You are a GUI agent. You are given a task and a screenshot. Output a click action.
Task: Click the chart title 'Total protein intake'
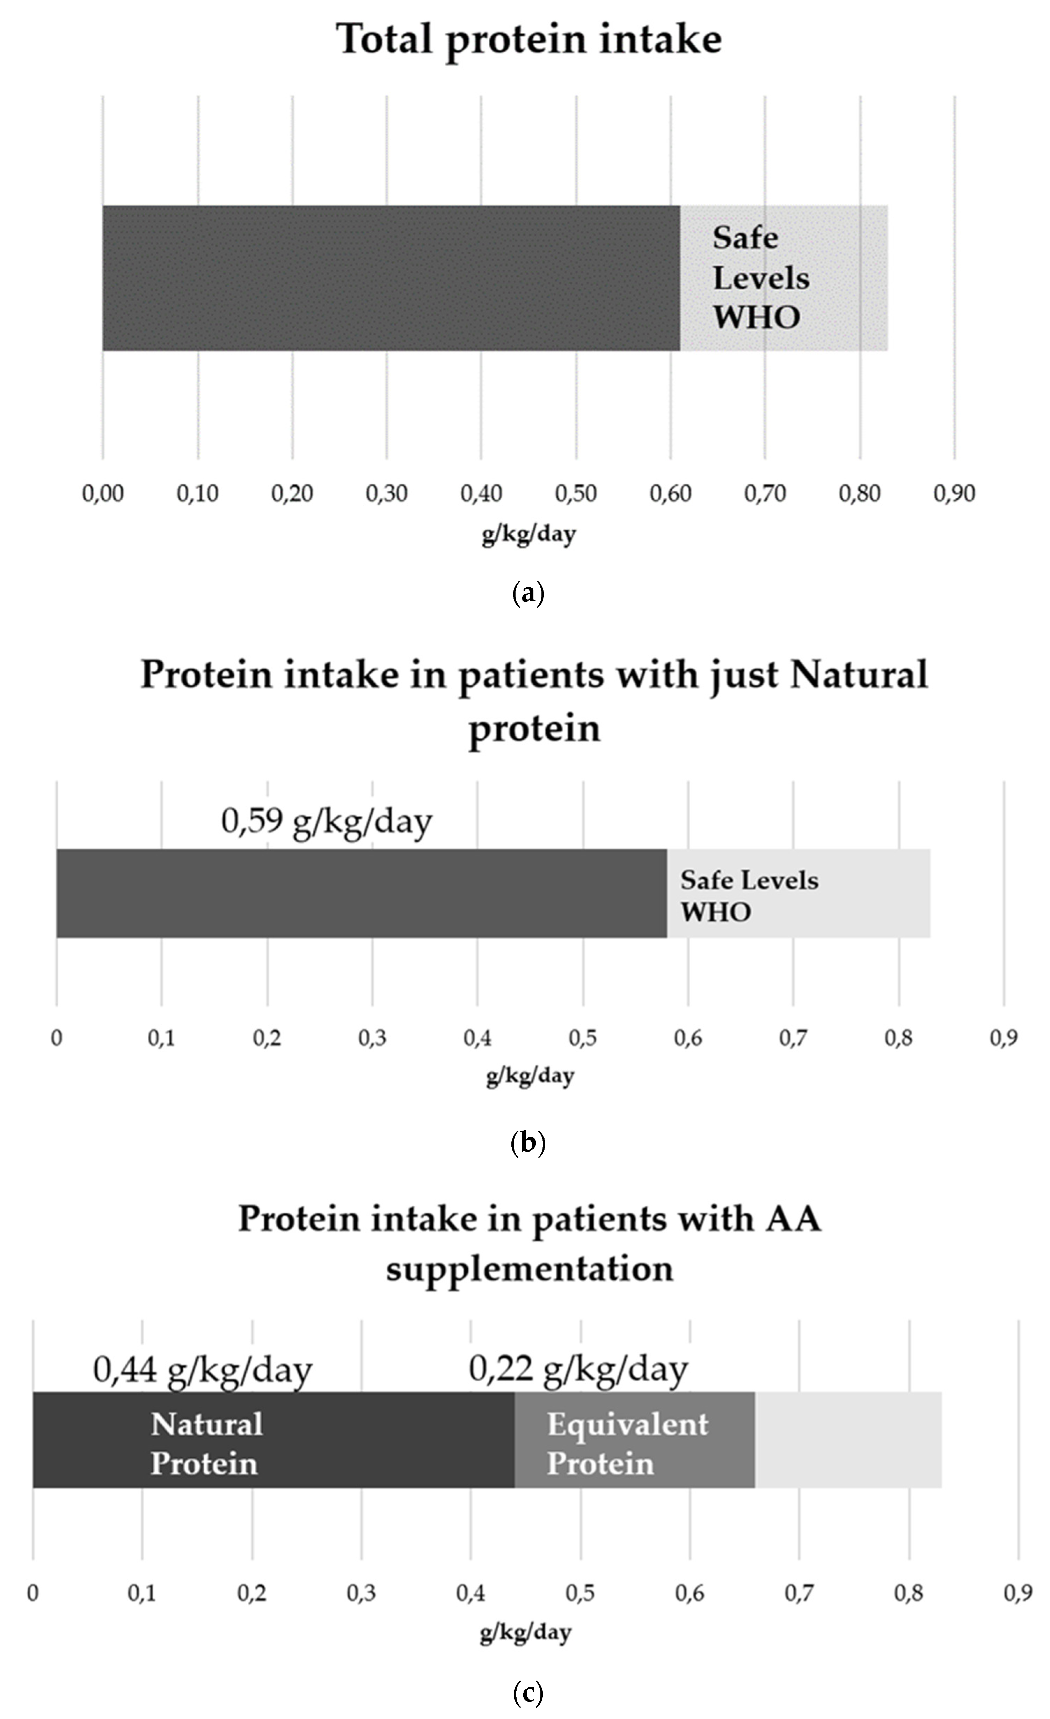[x=528, y=40]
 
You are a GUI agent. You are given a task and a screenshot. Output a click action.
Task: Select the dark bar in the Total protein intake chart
[x=391, y=278]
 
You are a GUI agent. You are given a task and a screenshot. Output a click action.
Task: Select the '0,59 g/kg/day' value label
[x=326, y=821]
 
